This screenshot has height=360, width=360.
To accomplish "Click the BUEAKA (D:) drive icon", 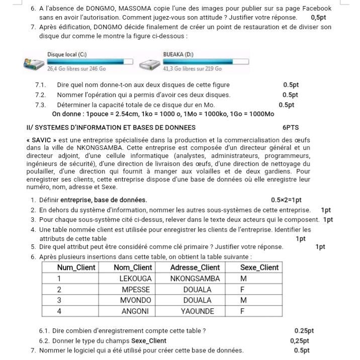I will pos(150,64).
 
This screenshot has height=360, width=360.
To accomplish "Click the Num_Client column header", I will pos(76,267).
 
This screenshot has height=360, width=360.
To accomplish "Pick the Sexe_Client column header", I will pos(259,267).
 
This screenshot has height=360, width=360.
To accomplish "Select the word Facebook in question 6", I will pos(315,9).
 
